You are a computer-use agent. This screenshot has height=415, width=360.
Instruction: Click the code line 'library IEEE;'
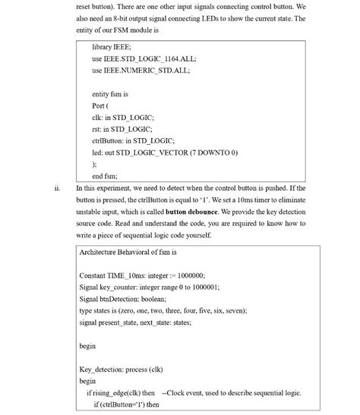(x=111, y=47)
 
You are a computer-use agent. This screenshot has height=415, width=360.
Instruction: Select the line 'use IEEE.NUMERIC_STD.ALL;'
(x=141, y=70)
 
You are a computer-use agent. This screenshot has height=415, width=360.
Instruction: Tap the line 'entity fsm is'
(x=109, y=94)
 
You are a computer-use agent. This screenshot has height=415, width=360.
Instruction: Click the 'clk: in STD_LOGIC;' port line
(x=122, y=118)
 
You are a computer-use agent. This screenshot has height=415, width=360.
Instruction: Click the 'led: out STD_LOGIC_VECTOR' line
(x=164, y=152)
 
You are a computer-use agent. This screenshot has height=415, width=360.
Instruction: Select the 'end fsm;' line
(x=105, y=175)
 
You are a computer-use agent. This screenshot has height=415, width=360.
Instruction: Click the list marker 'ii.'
(x=58, y=188)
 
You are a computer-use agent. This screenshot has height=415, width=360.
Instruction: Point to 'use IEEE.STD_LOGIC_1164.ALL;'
(x=144, y=58)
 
